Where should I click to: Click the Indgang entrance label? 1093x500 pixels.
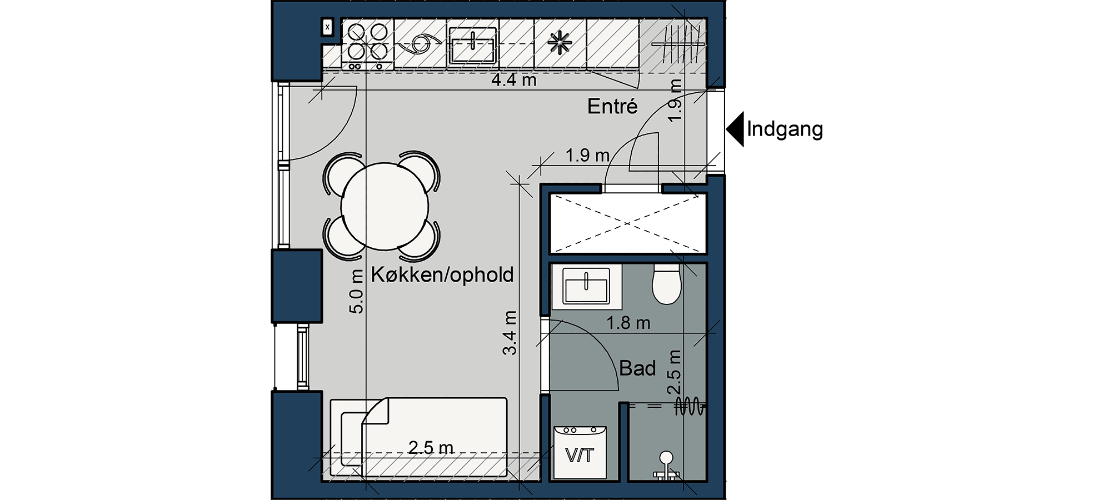[785, 129]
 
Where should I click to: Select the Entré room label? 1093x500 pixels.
[612, 106]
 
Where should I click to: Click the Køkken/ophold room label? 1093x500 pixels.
[442, 275]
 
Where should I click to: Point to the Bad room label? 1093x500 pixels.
[637, 368]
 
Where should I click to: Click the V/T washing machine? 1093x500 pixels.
[580, 452]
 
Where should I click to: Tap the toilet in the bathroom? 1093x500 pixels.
[667, 283]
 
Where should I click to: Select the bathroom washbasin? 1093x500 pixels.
[586, 286]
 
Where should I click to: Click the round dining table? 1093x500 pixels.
[385, 206]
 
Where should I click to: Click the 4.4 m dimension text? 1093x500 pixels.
[514, 80]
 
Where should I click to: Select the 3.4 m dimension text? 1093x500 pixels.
[510, 333]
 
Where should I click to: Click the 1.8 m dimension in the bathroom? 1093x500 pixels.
[628, 323]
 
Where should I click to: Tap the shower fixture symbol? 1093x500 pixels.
[666, 465]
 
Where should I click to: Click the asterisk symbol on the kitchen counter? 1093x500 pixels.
[560, 43]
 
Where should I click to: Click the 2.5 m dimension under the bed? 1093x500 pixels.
[431, 448]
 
